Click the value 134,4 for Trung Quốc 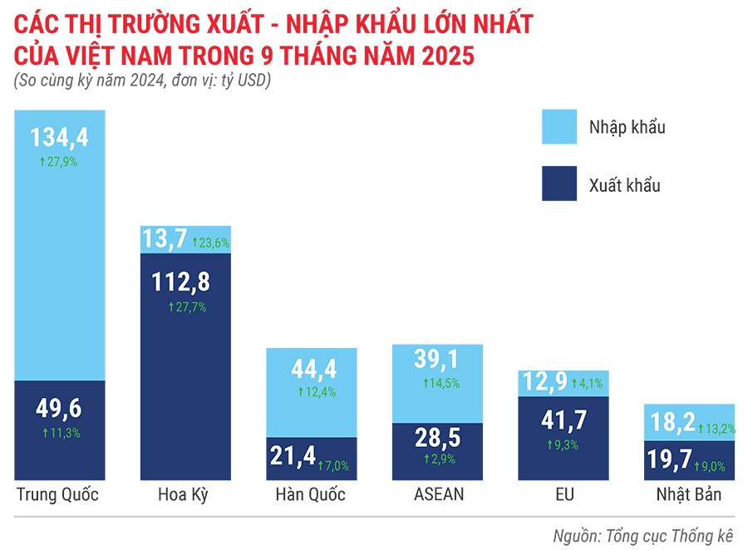pos(58,136)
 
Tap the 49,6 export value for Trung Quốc pos(58,409)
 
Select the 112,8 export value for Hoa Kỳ pos(181,282)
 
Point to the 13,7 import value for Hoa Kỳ pos(166,241)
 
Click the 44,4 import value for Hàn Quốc pos(311,367)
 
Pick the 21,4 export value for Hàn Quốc pos(293,456)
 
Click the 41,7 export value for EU pos(561,420)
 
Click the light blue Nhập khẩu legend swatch pos(565,127)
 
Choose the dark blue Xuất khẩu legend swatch pos(565,184)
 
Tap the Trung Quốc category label pos(58,496)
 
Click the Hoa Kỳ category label pos(182,496)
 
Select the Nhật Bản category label pos(686,496)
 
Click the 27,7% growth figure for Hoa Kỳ pos(186,307)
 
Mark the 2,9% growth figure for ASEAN pos(440,459)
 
